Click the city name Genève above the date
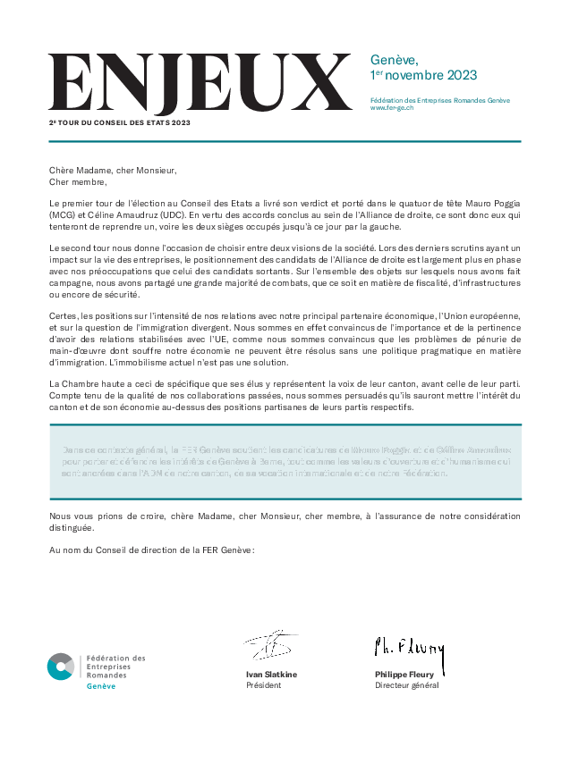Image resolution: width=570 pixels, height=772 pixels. coord(395,60)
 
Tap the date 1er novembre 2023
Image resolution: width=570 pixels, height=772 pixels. coord(423,75)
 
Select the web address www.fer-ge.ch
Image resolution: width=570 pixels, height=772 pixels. coord(391,108)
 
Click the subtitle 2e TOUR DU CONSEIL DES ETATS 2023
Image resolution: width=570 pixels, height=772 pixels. coord(120,122)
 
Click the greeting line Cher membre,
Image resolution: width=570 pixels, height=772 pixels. coord(78,180)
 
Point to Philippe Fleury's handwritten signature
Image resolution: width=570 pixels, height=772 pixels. coord(409,647)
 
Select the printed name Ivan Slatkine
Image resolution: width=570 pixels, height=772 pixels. coord(271,675)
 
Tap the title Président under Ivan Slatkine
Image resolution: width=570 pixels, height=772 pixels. coord(263,685)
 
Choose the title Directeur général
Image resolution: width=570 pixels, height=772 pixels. coord(407,685)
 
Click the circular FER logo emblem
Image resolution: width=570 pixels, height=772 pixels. coord(61,666)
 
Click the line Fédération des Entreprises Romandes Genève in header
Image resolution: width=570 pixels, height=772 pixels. coord(440,100)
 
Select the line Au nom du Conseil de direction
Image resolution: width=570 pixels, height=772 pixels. coord(152,549)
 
